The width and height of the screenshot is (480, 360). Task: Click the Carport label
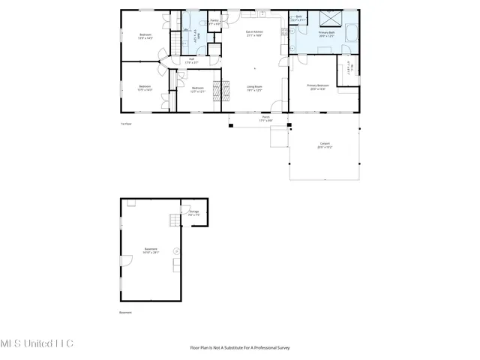[x=325, y=145]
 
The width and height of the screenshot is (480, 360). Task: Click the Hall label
[x=191, y=61]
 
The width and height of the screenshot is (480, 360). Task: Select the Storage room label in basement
[x=194, y=214]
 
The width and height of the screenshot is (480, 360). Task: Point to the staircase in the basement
[x=175, y=219]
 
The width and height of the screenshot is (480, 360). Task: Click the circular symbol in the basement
[x=176, y=250]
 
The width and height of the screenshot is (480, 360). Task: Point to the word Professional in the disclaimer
[x=259, y=347]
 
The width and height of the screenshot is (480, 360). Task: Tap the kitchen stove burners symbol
[x=285, y=31]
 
